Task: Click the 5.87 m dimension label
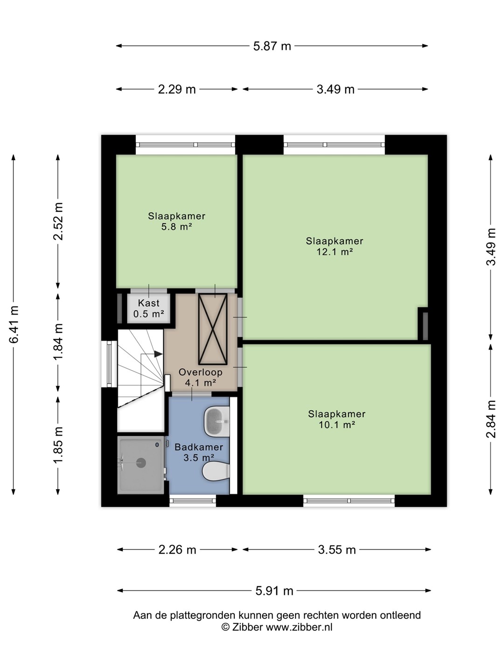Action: (272, 46)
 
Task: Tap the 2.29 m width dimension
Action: (176, 90)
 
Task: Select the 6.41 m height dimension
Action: (14, 324)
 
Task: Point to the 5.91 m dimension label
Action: (274, 590)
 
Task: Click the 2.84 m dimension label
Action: (491, 419)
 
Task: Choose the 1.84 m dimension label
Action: (58, 341)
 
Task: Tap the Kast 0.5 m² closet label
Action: (149, 308)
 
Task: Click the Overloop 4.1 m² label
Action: (201, 377)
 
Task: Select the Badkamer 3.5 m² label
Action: (199, 452)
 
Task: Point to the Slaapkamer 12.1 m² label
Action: (335, 246)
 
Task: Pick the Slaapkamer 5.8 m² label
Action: (176, 221)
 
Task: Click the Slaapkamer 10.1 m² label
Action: (336, 419)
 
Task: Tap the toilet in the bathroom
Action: (216, 471)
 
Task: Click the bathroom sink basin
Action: (217, 421)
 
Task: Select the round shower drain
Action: (141, 462)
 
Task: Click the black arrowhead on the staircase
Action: (158, 354)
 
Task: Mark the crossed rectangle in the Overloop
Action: (213, 329)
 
